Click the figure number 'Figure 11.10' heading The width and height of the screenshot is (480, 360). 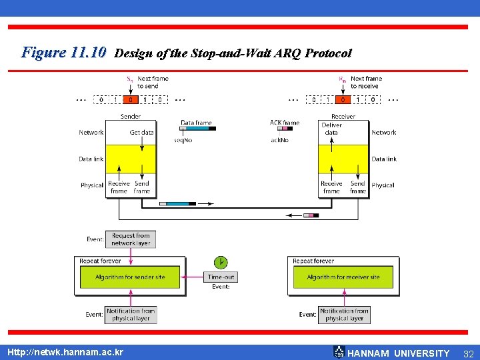(64, 52)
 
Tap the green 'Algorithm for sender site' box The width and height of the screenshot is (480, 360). (130, 277)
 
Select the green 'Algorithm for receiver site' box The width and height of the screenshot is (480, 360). (343, 277)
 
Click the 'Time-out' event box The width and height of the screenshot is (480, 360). (221, 277)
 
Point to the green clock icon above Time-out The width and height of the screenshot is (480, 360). (220, 262)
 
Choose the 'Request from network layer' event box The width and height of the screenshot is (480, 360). (131, 239)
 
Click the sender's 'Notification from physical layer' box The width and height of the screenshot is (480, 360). (131, 314)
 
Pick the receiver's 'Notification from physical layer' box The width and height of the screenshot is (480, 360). (344, 314)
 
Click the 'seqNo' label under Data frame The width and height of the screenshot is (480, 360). (183, 140)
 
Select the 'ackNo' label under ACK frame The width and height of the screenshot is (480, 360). (280, 140)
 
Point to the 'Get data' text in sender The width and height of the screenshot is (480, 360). (141, 133)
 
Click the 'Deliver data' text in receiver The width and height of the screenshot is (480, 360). (331, 129)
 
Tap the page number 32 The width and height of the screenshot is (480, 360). (468, 353)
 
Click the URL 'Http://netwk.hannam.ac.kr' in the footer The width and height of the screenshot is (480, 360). (65, 352)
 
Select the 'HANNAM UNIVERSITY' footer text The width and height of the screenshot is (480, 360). (399, 353)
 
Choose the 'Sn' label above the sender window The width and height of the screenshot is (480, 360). (129, 79)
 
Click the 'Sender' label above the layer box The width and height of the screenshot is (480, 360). (131, 116)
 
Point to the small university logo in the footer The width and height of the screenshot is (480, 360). (339, 352)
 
